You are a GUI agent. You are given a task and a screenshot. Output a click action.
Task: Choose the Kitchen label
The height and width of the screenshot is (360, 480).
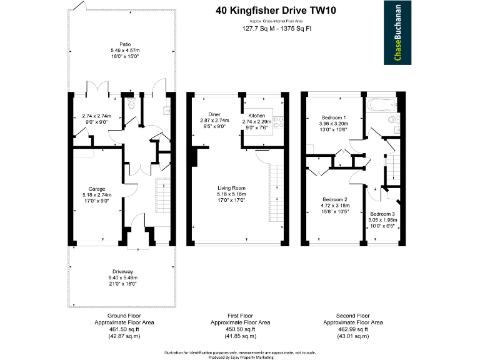click(x=257, y=116)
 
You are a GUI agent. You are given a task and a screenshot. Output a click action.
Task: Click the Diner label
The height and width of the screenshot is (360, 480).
click(x=214, y=114)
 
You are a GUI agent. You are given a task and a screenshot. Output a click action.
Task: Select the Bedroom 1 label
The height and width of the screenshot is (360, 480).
click(x=333, y=117)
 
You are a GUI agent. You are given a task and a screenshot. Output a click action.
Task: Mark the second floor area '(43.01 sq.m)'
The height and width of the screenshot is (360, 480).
click(x=353, y=337)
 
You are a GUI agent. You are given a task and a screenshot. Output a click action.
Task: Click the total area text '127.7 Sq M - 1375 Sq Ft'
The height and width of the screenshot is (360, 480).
click(x=276, y=29)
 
